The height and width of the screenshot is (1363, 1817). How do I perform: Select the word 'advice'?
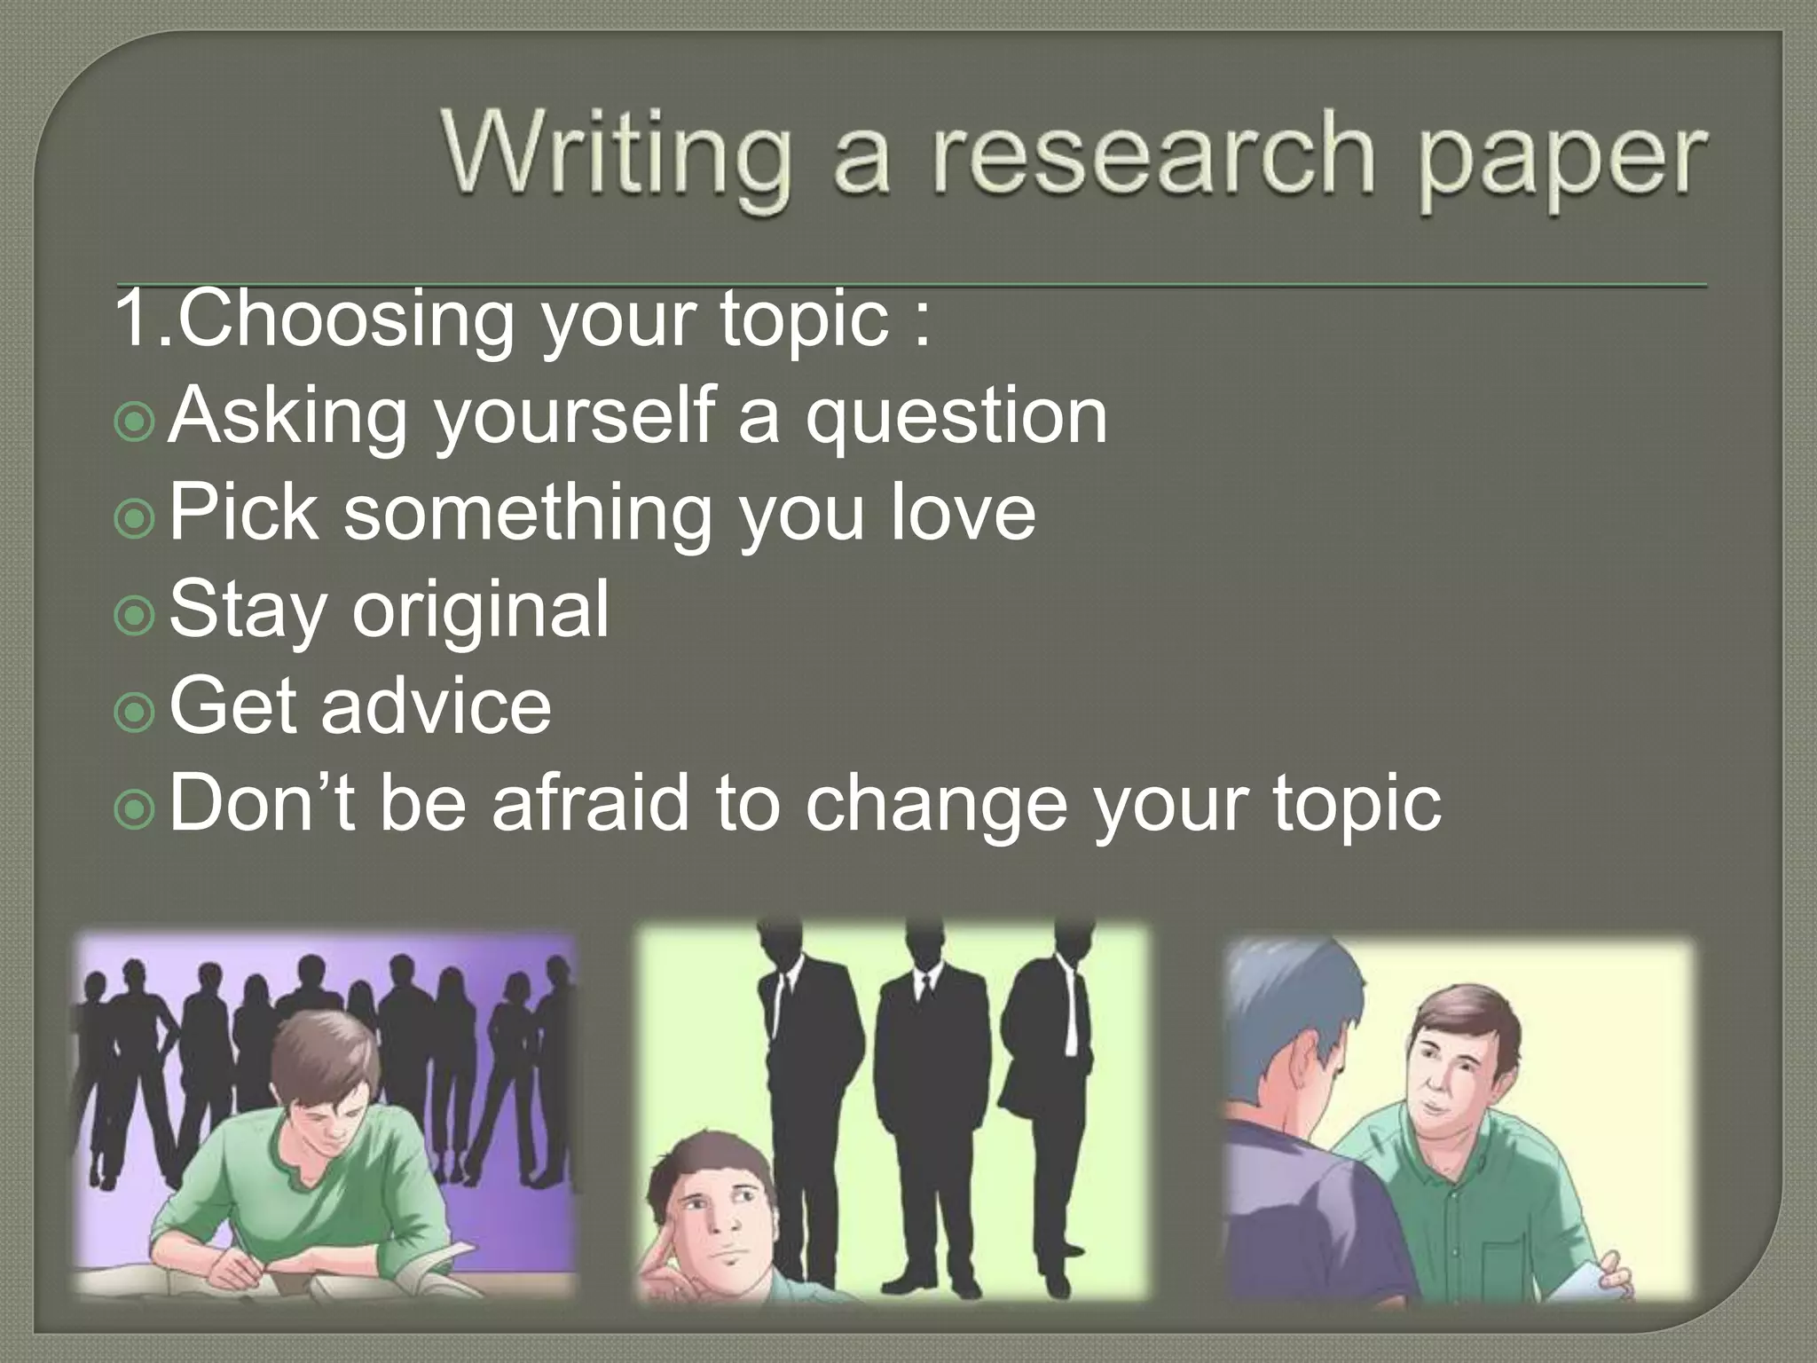tap(436, 706)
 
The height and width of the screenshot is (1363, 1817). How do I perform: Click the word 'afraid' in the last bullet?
tap(590, 803)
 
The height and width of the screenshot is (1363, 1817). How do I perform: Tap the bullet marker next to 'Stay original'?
tap(135, 616)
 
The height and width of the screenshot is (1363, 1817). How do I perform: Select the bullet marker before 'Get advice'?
tap(135, 713)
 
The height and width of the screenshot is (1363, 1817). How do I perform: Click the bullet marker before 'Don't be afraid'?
tap(135, 808)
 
